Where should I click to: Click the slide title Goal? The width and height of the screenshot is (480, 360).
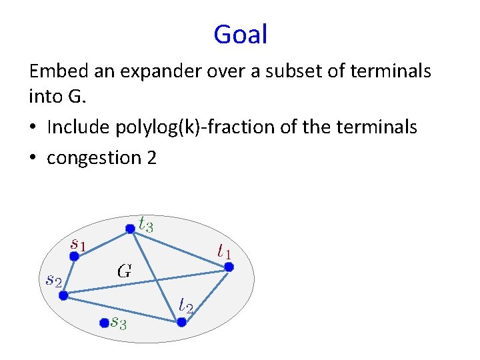point(240,34)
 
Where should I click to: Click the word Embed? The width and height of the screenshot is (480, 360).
point(56,71)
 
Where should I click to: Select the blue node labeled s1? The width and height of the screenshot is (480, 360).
point(75,255)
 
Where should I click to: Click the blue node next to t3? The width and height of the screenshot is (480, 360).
point(131,229)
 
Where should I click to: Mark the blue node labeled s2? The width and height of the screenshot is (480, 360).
point(63,295)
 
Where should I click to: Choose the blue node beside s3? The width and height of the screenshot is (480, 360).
point(103,323)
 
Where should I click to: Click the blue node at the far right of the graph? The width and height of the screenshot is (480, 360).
point(229,267)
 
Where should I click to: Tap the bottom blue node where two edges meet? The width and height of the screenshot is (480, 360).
point(181,322)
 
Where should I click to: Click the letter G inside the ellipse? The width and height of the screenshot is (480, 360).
point(124,271)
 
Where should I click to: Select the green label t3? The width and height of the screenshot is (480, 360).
point(146,224)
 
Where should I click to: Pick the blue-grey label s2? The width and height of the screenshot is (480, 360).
point(53,280)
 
